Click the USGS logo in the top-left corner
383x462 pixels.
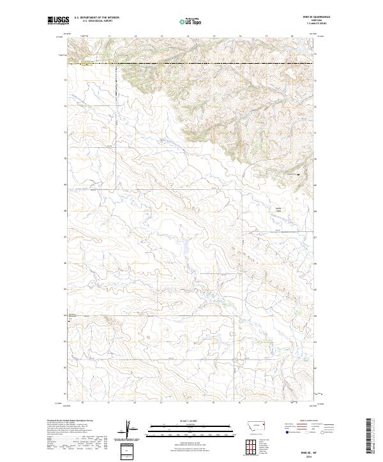tap(59, 21)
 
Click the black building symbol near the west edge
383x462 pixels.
tap(70, 322)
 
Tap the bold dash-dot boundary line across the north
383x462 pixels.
tap(191, 63)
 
